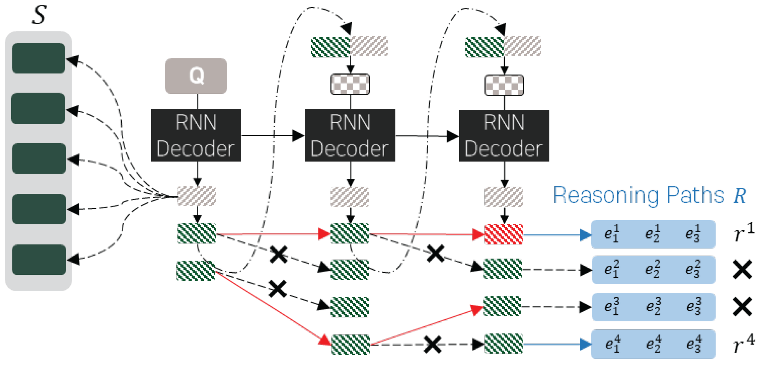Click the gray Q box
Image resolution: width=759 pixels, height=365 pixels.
[x=196, y=76]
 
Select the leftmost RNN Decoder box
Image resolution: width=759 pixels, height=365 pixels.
[x=196, y=135]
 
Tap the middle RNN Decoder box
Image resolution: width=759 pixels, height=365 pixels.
[x=350, y=135]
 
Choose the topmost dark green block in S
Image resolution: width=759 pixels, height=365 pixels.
[x=38, y=58]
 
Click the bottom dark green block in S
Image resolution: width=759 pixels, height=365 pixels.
[x=39, y=259]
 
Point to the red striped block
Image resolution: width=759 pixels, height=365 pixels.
[x=503, y=234]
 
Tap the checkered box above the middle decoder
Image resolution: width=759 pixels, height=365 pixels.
[x=350, y=84]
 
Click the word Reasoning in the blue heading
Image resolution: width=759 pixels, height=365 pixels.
[x=605, y=195]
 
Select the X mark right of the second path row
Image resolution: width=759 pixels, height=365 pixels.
[x=742, y=269]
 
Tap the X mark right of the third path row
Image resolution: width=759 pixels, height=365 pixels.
[x=742, y=307]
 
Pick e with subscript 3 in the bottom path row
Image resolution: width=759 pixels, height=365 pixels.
[x=693, y=344]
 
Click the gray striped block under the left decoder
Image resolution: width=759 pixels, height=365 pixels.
[x=196, y=195]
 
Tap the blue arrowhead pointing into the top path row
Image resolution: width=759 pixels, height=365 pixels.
[x=585, y=235]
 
